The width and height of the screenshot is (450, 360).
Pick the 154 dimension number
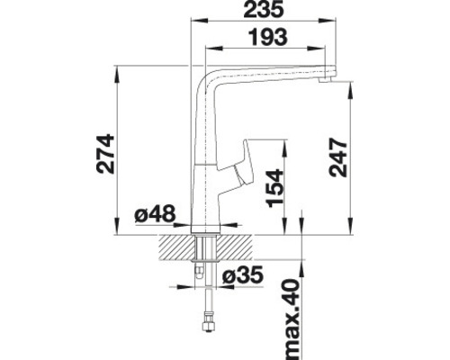[x=275, y=191]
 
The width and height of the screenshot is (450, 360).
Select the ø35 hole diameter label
[x=243, y=274]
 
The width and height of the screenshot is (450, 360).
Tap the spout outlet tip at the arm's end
[x=328, y=82]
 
